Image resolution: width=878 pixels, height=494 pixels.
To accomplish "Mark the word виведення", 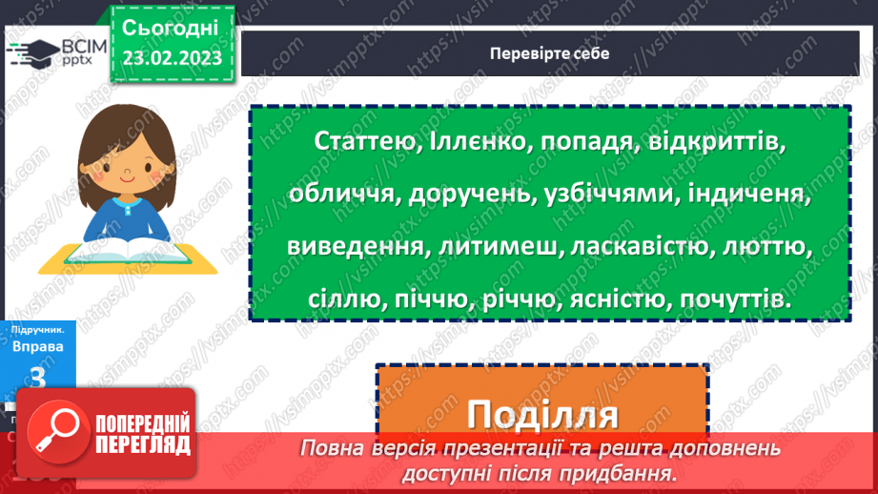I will (355, 247).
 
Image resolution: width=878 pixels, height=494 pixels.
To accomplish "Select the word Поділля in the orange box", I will (541, 416).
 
